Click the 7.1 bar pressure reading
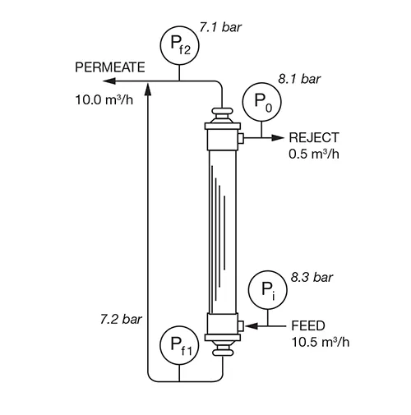click(x=220, y=27)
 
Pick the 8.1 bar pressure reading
click(x=299, y=79)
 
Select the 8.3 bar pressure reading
click(x=312, y=278)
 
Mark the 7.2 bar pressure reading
click(x=121, y=320)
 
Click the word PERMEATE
click(x=110, y=67)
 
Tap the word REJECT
click(x=314, y=137)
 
